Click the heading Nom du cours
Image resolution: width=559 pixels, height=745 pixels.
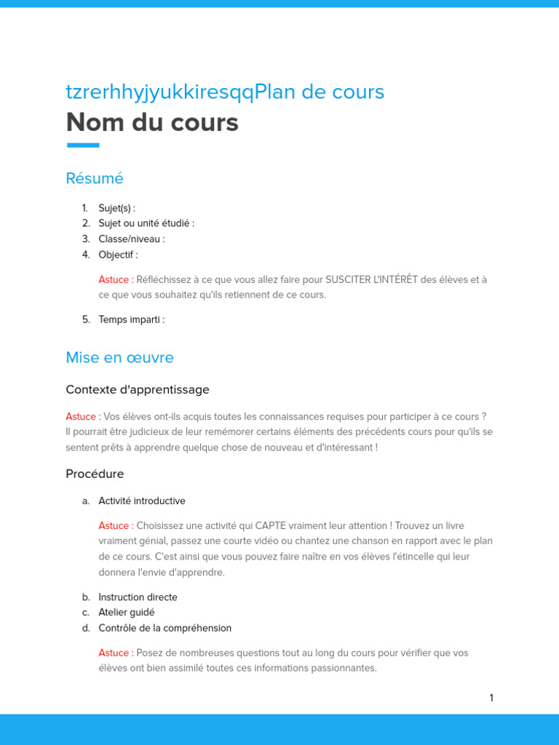click(152, 123)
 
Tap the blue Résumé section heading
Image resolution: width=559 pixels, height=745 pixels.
click(95, 178)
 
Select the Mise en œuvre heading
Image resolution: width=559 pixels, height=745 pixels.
click(119, 358)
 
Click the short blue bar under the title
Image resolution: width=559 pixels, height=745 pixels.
click(83, 146)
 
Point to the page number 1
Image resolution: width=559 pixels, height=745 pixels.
click(491, 698)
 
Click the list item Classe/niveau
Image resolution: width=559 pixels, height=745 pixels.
click(131, 239)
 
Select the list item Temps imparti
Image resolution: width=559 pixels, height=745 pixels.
click(131, 319)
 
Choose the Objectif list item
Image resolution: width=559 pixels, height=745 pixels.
click(118, 255)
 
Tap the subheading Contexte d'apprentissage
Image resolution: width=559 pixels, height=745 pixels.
click(138, 390)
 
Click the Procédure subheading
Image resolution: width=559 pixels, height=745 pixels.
click(95, 474)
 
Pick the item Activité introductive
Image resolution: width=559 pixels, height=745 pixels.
click(142, 501)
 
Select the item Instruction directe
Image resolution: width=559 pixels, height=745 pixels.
click(138, 597)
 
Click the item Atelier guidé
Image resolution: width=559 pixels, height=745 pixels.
click(127, 613)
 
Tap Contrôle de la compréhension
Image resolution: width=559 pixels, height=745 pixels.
click(165, 628)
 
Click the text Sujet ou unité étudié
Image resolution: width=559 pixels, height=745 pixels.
click(146, 223)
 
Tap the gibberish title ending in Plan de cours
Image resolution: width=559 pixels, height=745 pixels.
click(225, 92)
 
